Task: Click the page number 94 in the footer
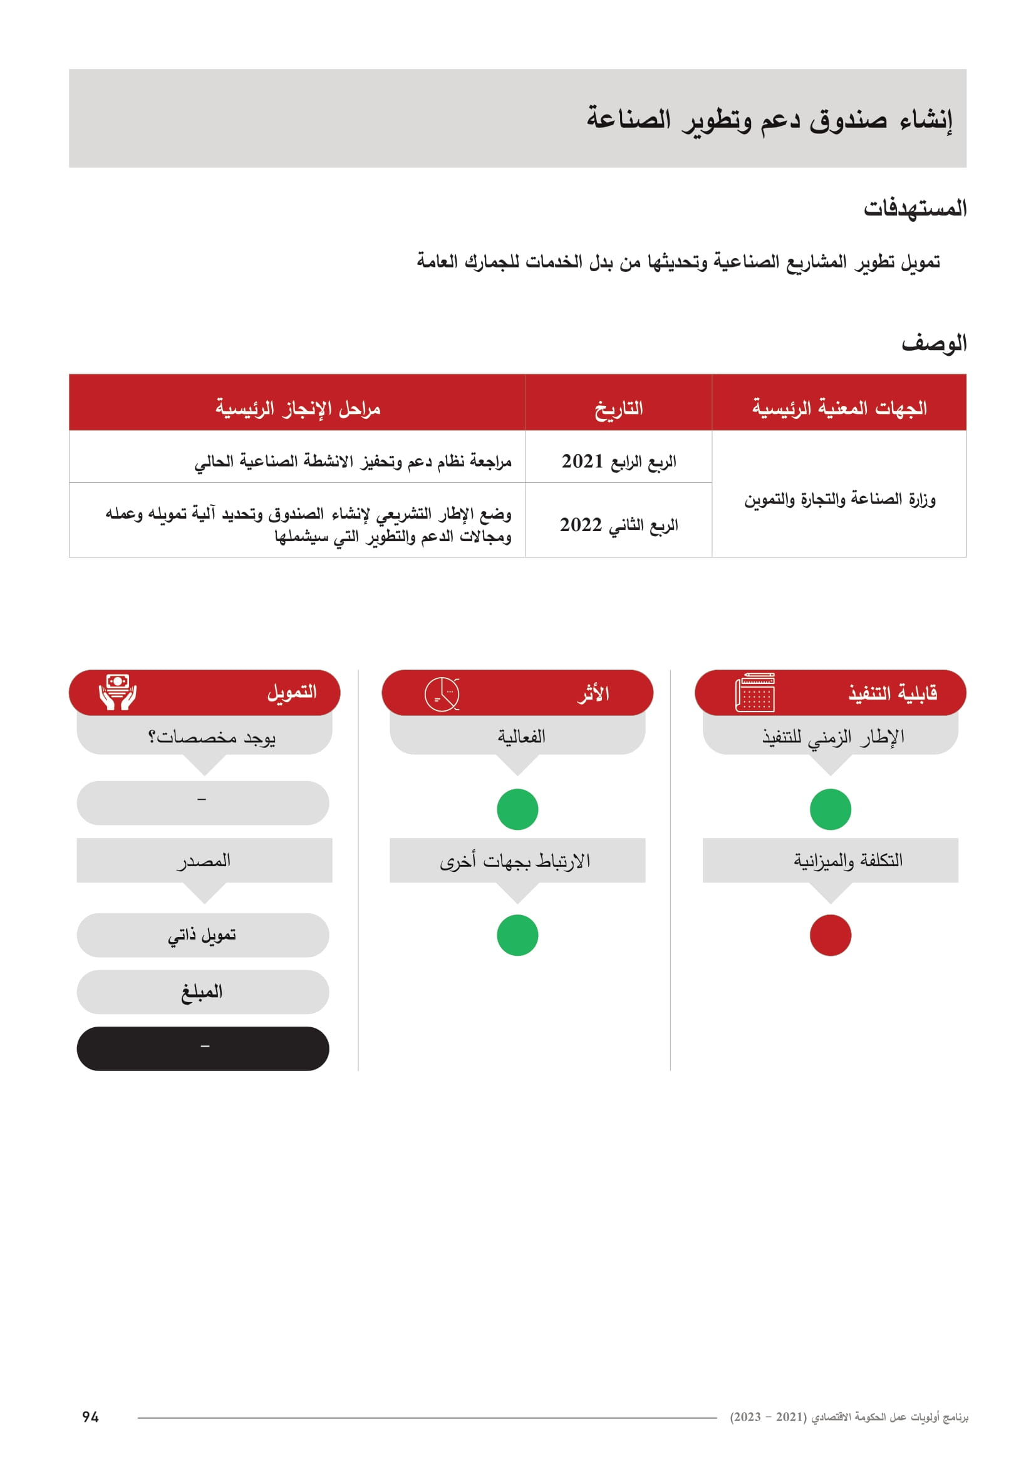[x=90, y=1417]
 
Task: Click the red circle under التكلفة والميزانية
[x=830, y=934]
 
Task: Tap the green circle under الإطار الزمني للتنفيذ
[x=830, y=809]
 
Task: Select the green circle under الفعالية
[x=517, y=809]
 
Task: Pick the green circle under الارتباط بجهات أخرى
[x=517, y=934]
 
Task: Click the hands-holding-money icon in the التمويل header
[x=117, y=692]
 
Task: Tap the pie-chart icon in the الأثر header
[x=442, y=693]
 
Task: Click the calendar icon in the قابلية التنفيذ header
[x=755, y=692]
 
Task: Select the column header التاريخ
[x=618, y=408]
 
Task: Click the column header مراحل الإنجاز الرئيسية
[x=298, y=408]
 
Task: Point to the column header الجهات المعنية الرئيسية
[x=839, y=408]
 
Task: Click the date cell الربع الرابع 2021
[x=618, y=461]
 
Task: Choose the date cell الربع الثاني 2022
[x=618, y=524]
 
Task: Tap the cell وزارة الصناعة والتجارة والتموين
[x=839, y=499]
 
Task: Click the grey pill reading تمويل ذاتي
[x=203, y=934]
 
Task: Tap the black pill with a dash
[x=203, y=1048]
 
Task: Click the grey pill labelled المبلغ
[x=203, y=991]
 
